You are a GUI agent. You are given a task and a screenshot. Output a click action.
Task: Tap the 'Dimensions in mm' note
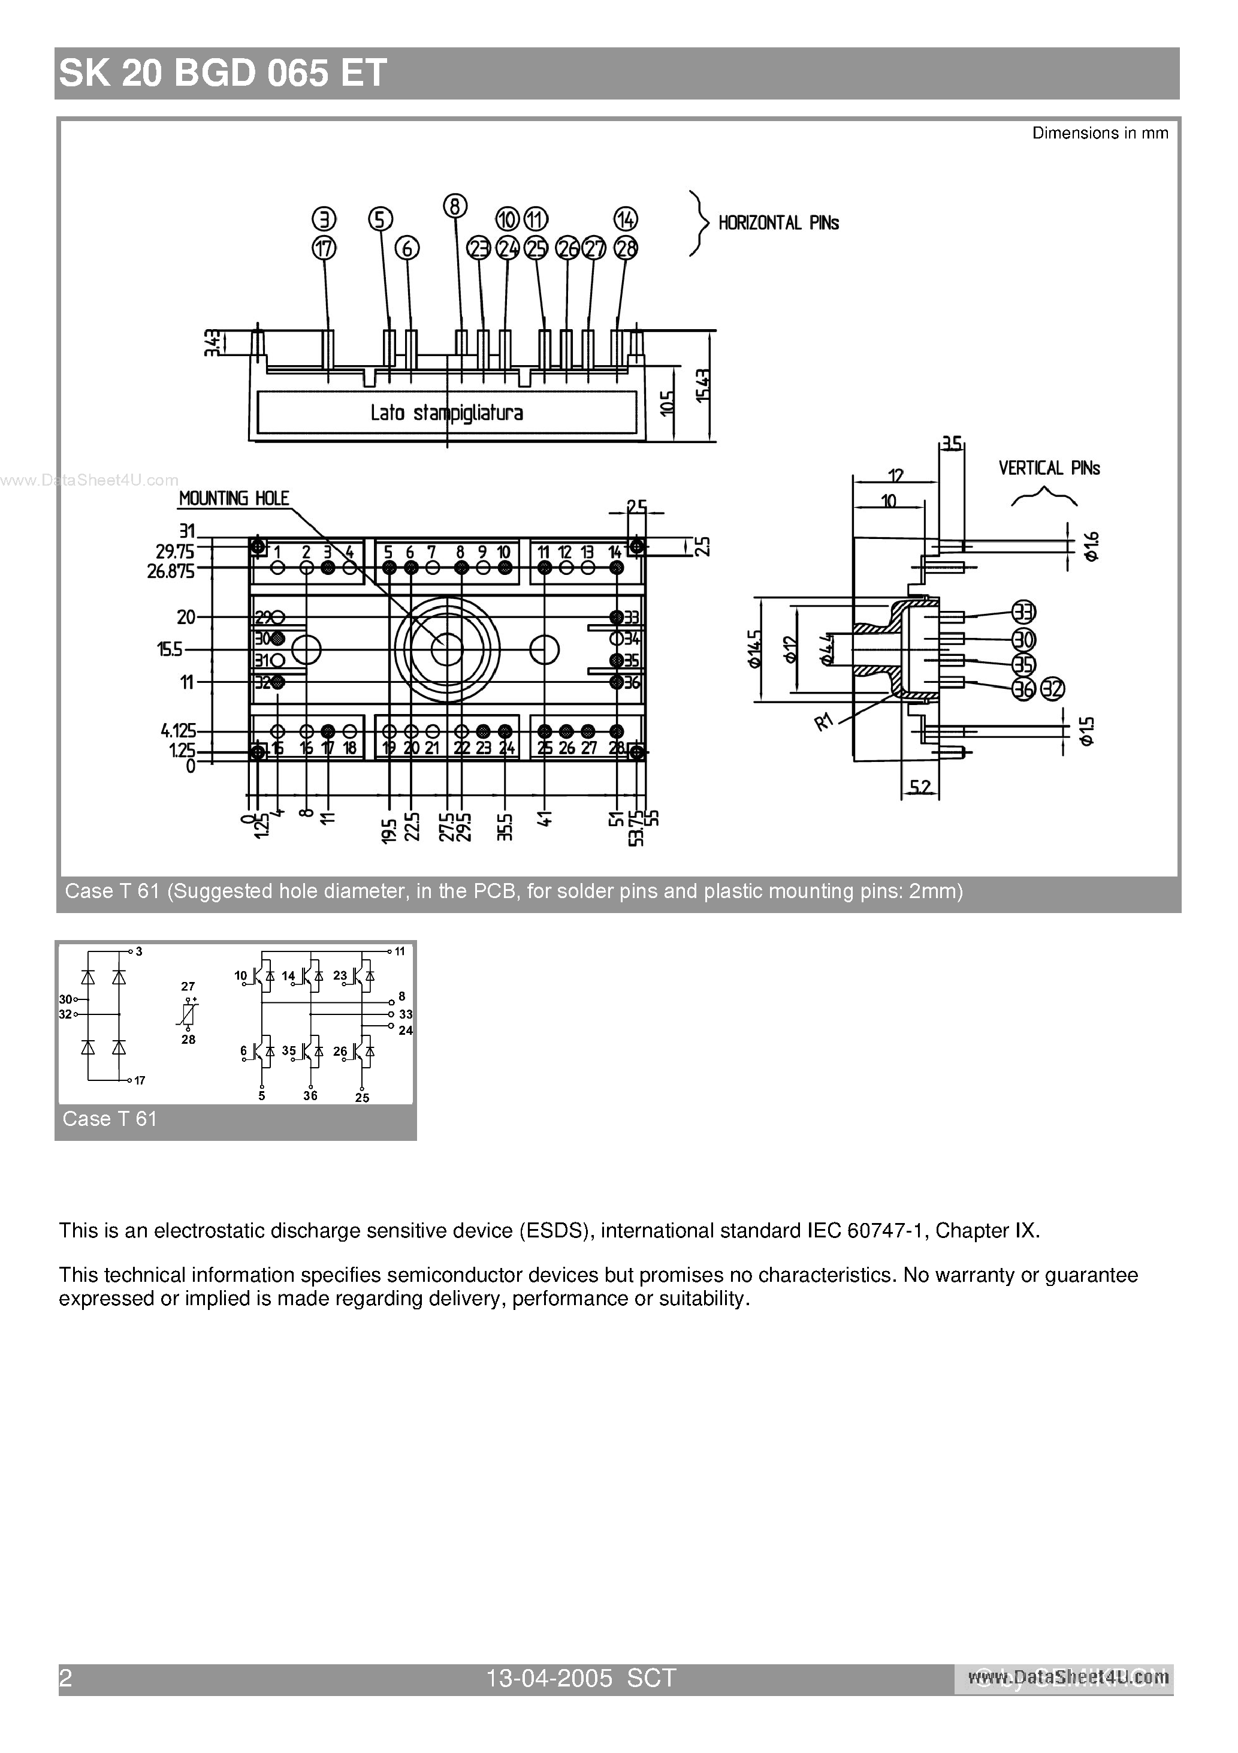[x=1100, y=134]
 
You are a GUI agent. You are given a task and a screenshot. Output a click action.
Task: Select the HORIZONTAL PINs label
[x=778, y=223]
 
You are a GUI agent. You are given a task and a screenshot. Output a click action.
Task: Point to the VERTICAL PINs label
[x=1049, y=468]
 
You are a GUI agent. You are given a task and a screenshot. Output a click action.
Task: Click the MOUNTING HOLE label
[x=234, y=499]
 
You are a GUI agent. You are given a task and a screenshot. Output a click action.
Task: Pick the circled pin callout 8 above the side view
[x=455, y=206]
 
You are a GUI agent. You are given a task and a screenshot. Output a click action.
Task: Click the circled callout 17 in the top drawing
[x=324, y=248]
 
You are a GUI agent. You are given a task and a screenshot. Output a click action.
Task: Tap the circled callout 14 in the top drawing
[x=626, y=220]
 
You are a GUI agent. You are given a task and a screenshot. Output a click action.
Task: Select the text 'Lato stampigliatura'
[x=446, y=413]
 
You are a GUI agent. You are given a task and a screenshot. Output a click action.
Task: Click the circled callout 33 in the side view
[x=1024, y=612]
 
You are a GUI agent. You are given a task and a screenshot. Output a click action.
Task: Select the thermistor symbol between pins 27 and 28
[x=189, y=1013]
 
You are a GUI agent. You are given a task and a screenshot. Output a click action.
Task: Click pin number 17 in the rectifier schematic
[x=140, y=1080]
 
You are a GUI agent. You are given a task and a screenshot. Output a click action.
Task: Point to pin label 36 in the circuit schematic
[x=310, y=1096]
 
